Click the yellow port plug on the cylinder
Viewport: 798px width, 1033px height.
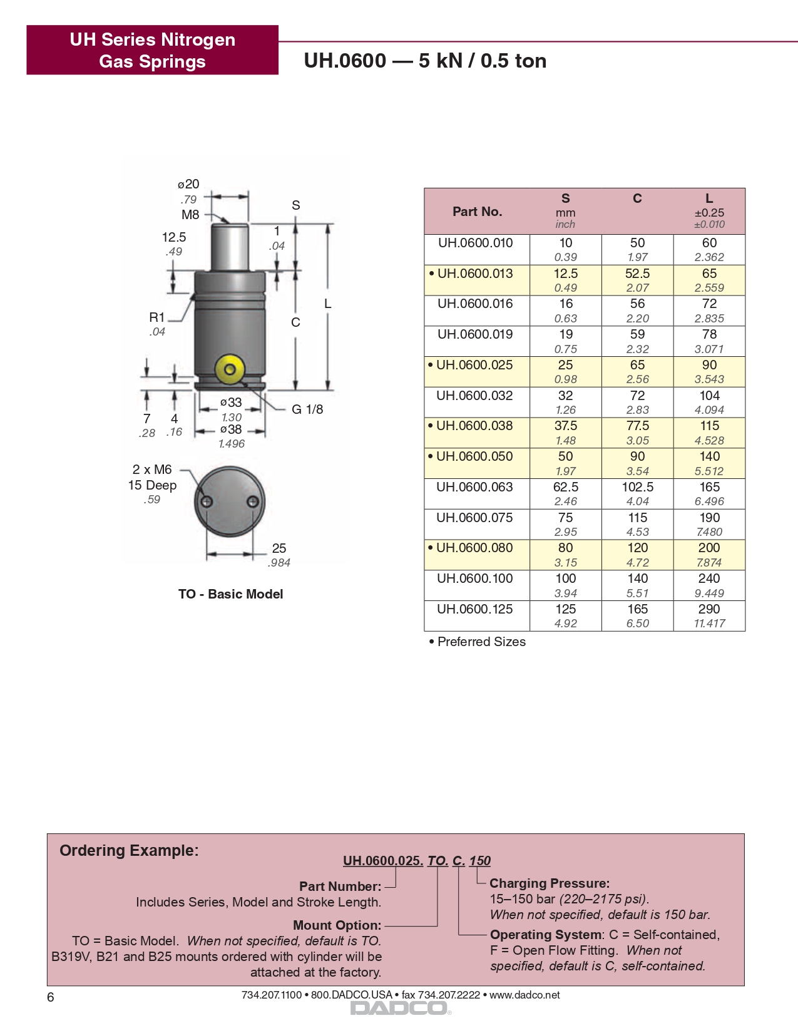230,369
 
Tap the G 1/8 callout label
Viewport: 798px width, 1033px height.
307,409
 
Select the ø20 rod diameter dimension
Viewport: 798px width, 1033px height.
188,184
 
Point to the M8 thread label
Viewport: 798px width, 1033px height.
190,215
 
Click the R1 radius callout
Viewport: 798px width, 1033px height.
156,317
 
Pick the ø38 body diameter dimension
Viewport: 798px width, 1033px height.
231,429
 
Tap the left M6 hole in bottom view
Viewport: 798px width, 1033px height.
207,501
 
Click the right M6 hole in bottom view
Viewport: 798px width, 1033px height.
253,501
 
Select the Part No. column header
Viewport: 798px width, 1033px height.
477,212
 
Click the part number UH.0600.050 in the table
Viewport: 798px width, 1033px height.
474,456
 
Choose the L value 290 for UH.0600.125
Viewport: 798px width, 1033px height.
709,609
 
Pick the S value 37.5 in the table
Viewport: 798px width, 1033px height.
565,426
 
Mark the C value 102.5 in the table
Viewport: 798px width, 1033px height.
637,487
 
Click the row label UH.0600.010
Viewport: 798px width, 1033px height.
475,243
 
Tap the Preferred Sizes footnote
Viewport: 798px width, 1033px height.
481,642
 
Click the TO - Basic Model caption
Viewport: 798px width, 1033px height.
230,594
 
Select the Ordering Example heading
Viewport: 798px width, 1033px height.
129,851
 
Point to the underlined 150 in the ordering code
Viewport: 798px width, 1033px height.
480,861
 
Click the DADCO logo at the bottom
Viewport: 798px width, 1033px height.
399,1008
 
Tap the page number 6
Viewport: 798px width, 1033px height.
51,997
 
